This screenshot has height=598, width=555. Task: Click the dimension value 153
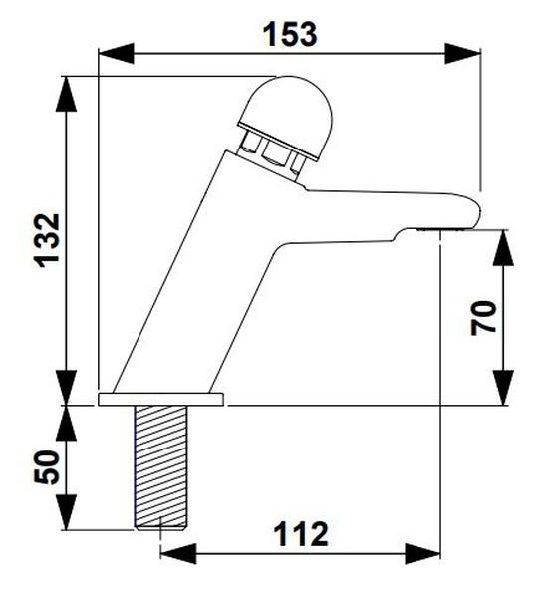point(290,33)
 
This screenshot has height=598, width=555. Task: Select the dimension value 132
point(48,239)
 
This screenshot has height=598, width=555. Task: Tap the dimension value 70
point(484,318)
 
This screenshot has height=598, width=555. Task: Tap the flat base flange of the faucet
point(161,400)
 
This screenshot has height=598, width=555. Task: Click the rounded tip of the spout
point(472,212)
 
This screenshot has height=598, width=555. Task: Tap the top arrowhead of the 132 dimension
point(67,88)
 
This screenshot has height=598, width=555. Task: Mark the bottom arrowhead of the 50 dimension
point(67,518)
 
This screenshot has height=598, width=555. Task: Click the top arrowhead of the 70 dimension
point(503,244)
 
